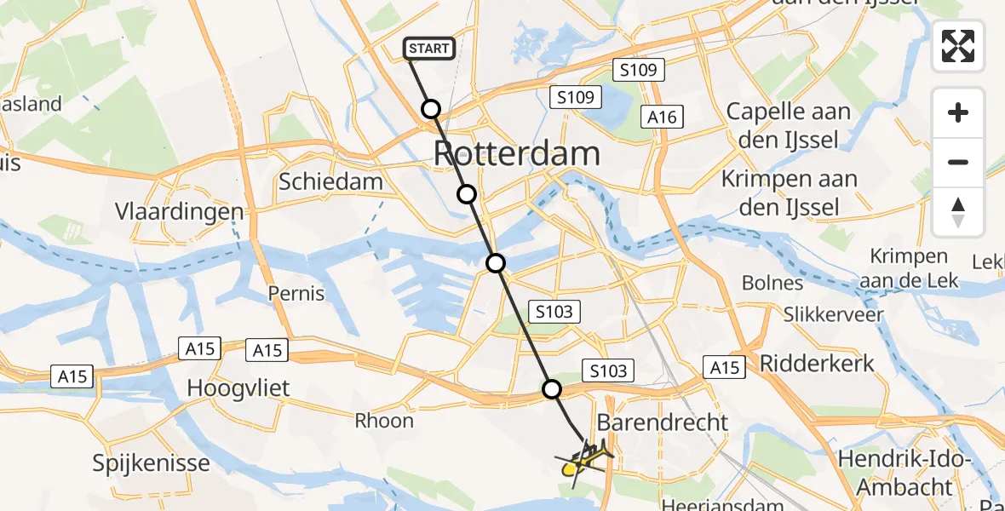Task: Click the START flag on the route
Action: (428, 49)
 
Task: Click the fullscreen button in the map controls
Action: (958, 46)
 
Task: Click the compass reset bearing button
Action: (958, 212)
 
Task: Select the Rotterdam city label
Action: (517, 154)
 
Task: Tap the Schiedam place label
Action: (331, 181)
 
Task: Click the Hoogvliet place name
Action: (238, 388)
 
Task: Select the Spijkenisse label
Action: (152, 463)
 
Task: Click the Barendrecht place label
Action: (663, 422)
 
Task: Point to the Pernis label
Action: (296, 294)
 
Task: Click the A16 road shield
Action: (662, 117)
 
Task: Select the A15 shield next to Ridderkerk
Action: (724, 366)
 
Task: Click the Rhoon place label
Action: (384, 420)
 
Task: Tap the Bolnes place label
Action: (772, 283)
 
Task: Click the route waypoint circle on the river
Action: (496, 263)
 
